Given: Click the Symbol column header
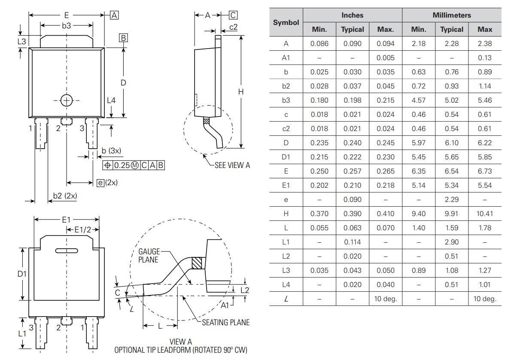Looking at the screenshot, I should tap(286, 22).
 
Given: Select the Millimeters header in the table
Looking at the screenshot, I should tap(451, 15).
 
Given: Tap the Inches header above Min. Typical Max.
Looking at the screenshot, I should tap(352, 15).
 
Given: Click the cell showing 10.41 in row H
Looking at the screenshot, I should tap(484, 214).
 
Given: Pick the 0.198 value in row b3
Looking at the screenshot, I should tap(352, 100).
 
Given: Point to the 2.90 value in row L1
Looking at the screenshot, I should tap(451, 242).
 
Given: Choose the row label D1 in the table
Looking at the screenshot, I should tap(286, 157).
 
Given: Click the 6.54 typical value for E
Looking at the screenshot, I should tap(451, 171).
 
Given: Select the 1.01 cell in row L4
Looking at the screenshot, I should tap(484, 284).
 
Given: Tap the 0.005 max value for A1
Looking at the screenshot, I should tap(385, 58).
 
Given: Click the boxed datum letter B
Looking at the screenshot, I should tap(123, 38).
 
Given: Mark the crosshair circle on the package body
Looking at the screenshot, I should tap(67, 100).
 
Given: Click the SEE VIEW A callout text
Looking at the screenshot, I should tap(232, 165).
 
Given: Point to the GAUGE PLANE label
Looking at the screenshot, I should tap(149, 256).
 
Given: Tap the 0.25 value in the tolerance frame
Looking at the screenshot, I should tap(121, 165).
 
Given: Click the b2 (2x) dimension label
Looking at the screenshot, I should tap(65, 196).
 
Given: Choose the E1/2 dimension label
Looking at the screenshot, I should tap(83, 230).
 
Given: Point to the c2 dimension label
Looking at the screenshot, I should tap(233, 27).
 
